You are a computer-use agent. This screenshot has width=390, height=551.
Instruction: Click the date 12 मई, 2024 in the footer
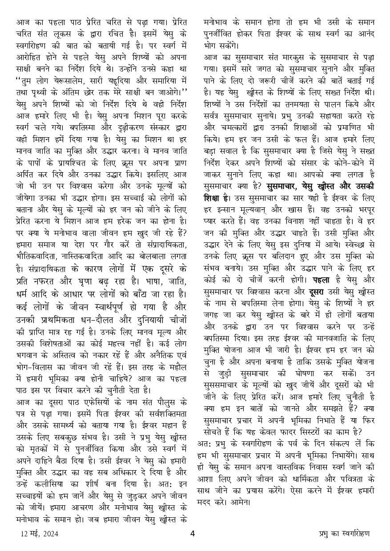(x=40, y=534)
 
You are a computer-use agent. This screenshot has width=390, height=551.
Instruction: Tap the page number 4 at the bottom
(x=193, y=534)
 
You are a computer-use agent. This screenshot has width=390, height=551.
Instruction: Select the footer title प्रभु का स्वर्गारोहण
(x=345, y=534)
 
